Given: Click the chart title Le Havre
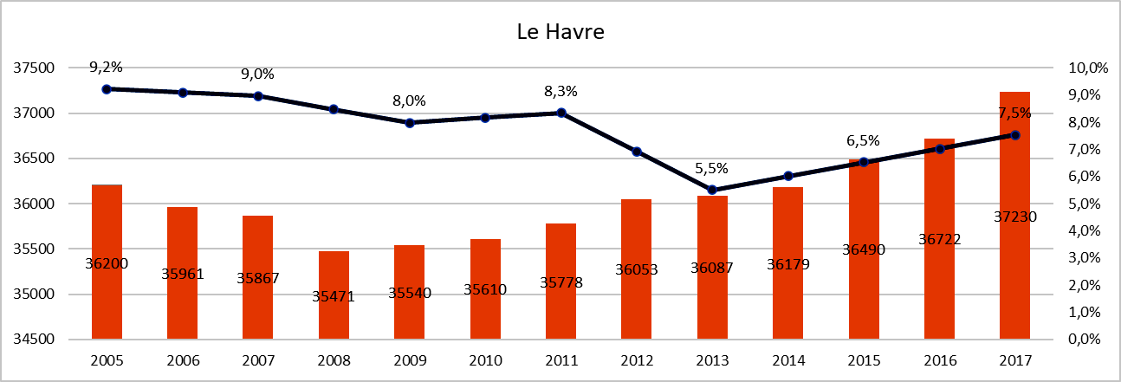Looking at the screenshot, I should (560, 34).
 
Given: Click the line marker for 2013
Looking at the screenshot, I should (712, 190).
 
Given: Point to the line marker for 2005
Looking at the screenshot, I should (107, 89).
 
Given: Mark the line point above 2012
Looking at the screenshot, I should (637, 152).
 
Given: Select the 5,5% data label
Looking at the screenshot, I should (712, 167).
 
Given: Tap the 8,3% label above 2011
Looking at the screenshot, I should (560, 91).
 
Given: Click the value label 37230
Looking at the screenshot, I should (1014, 217).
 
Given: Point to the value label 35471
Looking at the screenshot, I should (334, 296).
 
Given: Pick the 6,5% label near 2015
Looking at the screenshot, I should (863, 140).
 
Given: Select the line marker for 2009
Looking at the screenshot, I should (410, 123).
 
